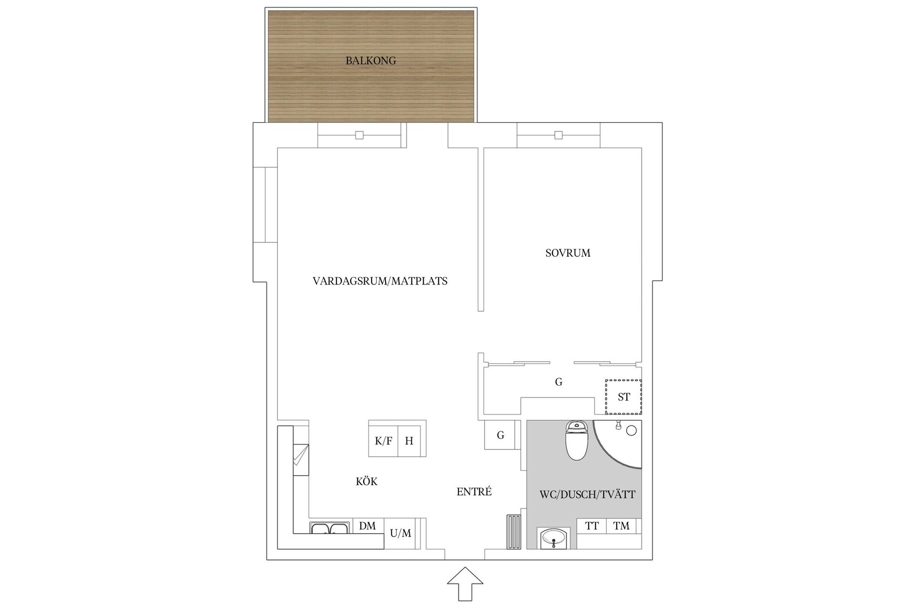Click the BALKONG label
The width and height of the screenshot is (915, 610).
pos(371,61)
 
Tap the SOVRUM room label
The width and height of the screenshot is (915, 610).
pos(568,253)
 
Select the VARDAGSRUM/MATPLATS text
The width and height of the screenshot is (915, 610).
pos(380,281)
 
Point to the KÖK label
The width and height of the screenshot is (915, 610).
pos(366,482)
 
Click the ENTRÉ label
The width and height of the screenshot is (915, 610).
pos(474,492)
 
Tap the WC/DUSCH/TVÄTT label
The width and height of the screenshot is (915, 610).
pos(587,495)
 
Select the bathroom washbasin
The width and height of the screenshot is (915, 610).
pos(553,539)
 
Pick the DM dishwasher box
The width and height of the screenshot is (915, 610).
pos(367,526)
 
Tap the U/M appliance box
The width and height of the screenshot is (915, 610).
pos(400,533)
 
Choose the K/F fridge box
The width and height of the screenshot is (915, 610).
pos(383,441)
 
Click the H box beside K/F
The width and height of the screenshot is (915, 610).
pos(409,441)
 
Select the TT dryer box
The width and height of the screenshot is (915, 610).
pos(592,526)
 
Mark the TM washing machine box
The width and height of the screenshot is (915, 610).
pos(621,526)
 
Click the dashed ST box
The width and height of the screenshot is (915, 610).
pos(623,397)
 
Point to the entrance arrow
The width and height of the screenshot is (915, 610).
pos(465,583)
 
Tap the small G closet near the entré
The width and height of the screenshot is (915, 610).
pos(500,435)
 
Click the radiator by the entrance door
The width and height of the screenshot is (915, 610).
pos(514,531)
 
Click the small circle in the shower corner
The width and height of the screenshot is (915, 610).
pos(631,431)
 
